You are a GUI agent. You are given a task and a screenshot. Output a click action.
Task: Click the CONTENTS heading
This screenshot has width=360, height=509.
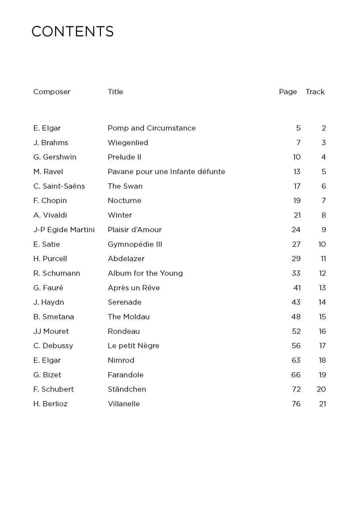tap(72, 31)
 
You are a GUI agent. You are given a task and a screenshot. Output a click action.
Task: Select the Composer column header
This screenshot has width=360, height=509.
tap(52, 92)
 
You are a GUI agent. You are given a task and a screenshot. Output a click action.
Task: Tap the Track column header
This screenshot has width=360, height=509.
tap(315, 92)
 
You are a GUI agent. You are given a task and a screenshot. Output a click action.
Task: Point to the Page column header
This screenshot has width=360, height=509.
tap(288, 92)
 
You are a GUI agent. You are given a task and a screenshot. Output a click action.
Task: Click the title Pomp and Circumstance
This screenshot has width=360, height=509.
tap(152, 128)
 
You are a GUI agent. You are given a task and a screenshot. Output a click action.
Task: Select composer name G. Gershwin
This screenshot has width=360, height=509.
tap(55, 157)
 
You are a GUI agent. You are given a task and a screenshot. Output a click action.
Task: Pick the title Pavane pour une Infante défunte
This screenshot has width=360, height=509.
tap(166, 172)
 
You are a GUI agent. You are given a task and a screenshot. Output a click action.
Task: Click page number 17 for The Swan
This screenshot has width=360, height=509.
tap(297, 186)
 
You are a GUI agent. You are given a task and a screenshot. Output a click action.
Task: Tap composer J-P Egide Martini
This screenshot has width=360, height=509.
tap(64, 230)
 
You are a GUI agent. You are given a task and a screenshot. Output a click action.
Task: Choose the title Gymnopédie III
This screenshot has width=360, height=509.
tap(135, 245)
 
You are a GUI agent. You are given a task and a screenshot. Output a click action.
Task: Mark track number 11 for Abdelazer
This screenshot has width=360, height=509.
tap(323, 259)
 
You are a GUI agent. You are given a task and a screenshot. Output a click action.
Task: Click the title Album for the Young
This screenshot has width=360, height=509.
tap(145, 273)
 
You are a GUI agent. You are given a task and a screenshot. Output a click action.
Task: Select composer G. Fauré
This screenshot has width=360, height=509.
tap(48, 288)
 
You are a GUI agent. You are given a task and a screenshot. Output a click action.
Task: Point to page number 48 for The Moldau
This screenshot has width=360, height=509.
tap(296, 317)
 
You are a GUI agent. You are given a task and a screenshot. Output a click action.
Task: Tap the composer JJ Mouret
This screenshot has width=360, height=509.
tap(51, 331)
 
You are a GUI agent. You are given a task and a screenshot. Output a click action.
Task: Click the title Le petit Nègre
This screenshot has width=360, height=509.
tap(133, 346)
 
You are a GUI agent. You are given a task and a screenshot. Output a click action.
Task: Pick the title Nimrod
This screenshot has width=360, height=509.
tap(121, 360)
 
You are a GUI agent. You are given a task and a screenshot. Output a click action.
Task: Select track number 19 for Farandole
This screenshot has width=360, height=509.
tap(322, 375)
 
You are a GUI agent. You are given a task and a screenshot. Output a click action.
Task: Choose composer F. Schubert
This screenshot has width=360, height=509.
tap(54, 389)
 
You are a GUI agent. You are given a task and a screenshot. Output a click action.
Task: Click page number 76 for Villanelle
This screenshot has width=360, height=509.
tap(296, 404)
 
